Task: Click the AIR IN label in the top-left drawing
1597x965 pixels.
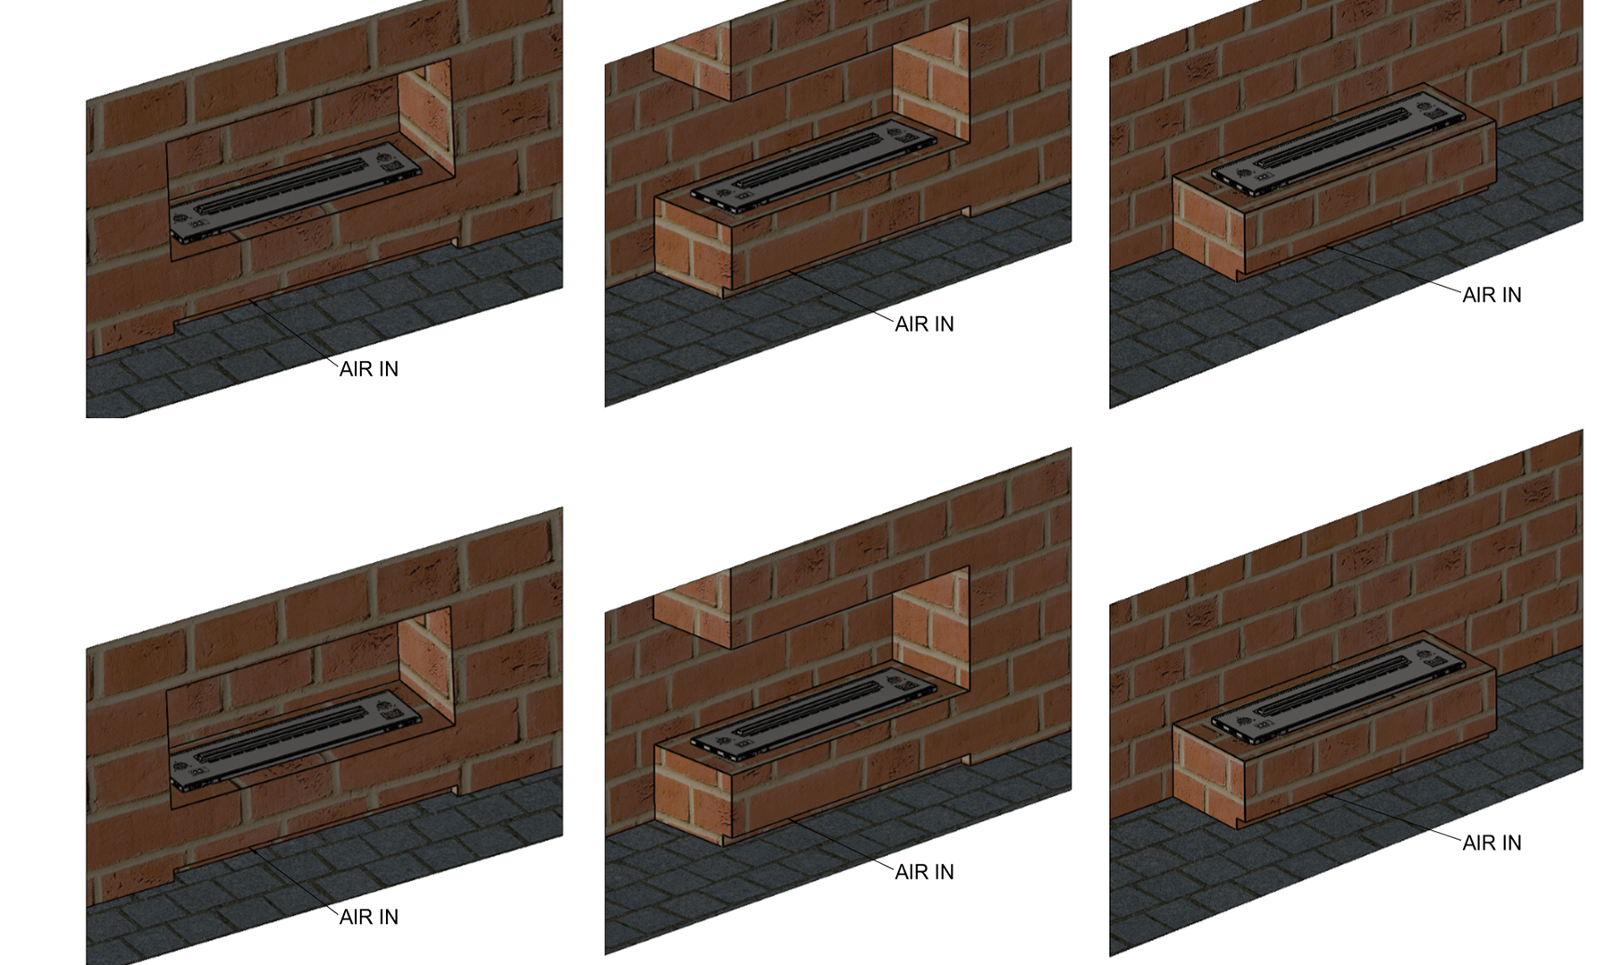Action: (x=368, y=369)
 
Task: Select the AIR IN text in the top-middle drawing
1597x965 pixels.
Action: (x=924, y=324)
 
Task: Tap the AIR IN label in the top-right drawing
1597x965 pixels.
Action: (x=1491, y=295)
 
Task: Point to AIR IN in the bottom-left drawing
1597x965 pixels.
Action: (x=368, y=917)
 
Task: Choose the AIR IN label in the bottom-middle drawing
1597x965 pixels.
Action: (x=924, y=872)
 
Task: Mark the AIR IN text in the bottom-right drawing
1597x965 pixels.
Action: (x=1491, y=843)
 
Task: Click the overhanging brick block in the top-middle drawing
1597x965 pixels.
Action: (x=693, y=63)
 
